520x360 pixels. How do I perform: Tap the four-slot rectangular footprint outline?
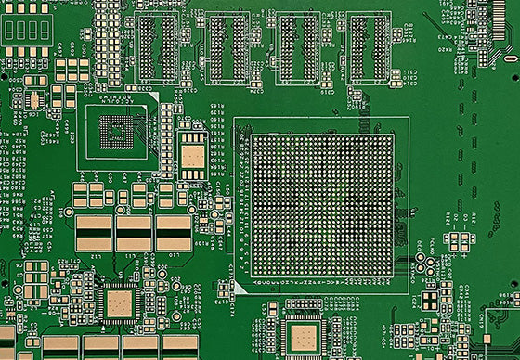tap(26, 31)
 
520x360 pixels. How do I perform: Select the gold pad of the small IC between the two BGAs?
tap(192, 158)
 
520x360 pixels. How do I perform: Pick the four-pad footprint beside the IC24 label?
tap(459, 242)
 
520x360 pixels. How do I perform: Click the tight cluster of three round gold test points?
tap(429, 265)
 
